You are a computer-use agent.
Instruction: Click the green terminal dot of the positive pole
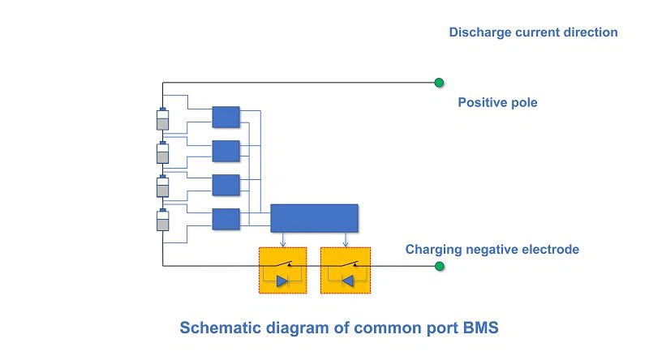[x=439, y=83]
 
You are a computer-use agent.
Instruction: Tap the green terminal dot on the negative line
[x=440, y=266]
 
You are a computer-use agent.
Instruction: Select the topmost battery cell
[x=163, y=119]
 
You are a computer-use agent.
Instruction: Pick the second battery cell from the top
[x=163, y=152]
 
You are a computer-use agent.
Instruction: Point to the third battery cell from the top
[x=163, y=186]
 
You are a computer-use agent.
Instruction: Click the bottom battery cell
[x=163, y=220]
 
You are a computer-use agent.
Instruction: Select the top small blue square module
[x=226, y=117]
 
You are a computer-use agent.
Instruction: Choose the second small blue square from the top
[x=226, y=151]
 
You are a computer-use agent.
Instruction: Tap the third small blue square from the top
[x=226, y=185]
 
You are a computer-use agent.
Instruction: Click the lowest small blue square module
[x=226, y=219]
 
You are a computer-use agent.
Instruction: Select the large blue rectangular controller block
[x=314, y=218]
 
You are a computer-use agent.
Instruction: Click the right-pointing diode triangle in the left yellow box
[x=282, y=281]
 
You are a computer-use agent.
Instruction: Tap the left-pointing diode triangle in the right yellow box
[x=348, y=281]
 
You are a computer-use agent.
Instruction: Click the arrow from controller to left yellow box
[x=282, y=240]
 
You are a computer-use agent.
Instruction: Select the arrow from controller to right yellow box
[x=346, y=240]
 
